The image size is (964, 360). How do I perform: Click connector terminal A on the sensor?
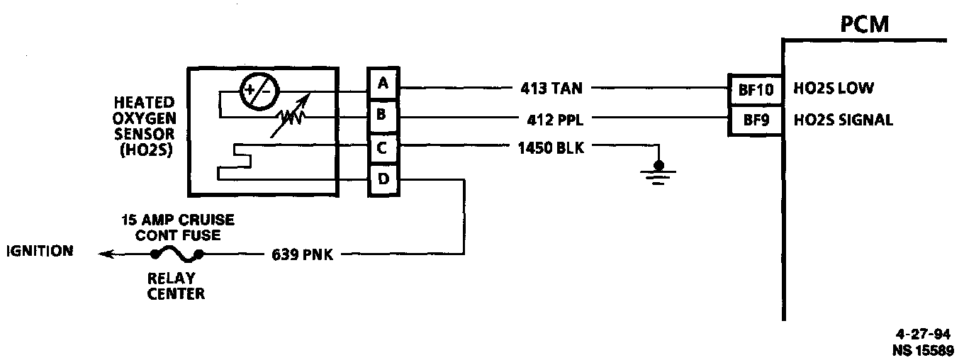[383, 84]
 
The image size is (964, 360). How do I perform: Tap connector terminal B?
[383, 114]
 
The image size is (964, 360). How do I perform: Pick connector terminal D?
[383, 179]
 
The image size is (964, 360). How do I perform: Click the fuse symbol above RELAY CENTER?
[176, 254]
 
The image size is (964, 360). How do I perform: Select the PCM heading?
[864, 27]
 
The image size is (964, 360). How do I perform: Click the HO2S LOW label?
[834, 89]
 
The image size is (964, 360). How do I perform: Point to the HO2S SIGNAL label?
[843, 120]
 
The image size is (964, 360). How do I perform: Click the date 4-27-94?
[921, 335]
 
